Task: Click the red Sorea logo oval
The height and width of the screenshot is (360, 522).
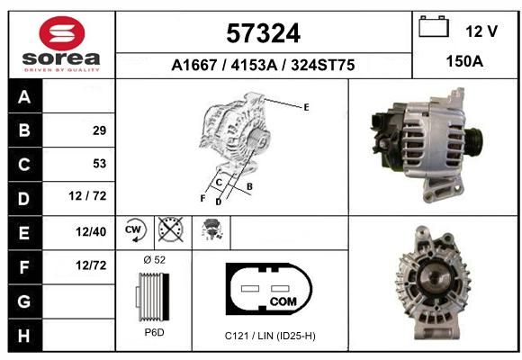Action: pyautogui.click(x=62, y=33)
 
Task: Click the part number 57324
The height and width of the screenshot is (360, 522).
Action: pyautogui.click(x=264, y=33)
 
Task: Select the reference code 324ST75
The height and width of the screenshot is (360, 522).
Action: pyautogui.click(x=322, y=65)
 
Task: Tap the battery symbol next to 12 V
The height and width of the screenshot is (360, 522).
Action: pyautogui.click(x=434, y=26)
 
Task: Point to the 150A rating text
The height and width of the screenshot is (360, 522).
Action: pyautogui.click(x=464, y=61)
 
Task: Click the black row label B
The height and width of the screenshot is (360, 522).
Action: pyautogui.click(x=24, y=130)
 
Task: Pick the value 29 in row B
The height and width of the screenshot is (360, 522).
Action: pyautogui.click(x=99, y=130)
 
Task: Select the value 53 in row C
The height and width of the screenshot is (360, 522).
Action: pyautogui.click(x=99, y=164)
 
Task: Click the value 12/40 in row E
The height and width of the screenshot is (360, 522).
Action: pyautogui.click(x=91, y=232)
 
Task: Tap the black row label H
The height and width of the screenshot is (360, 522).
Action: pyautogui.click(x=24, y=336)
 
